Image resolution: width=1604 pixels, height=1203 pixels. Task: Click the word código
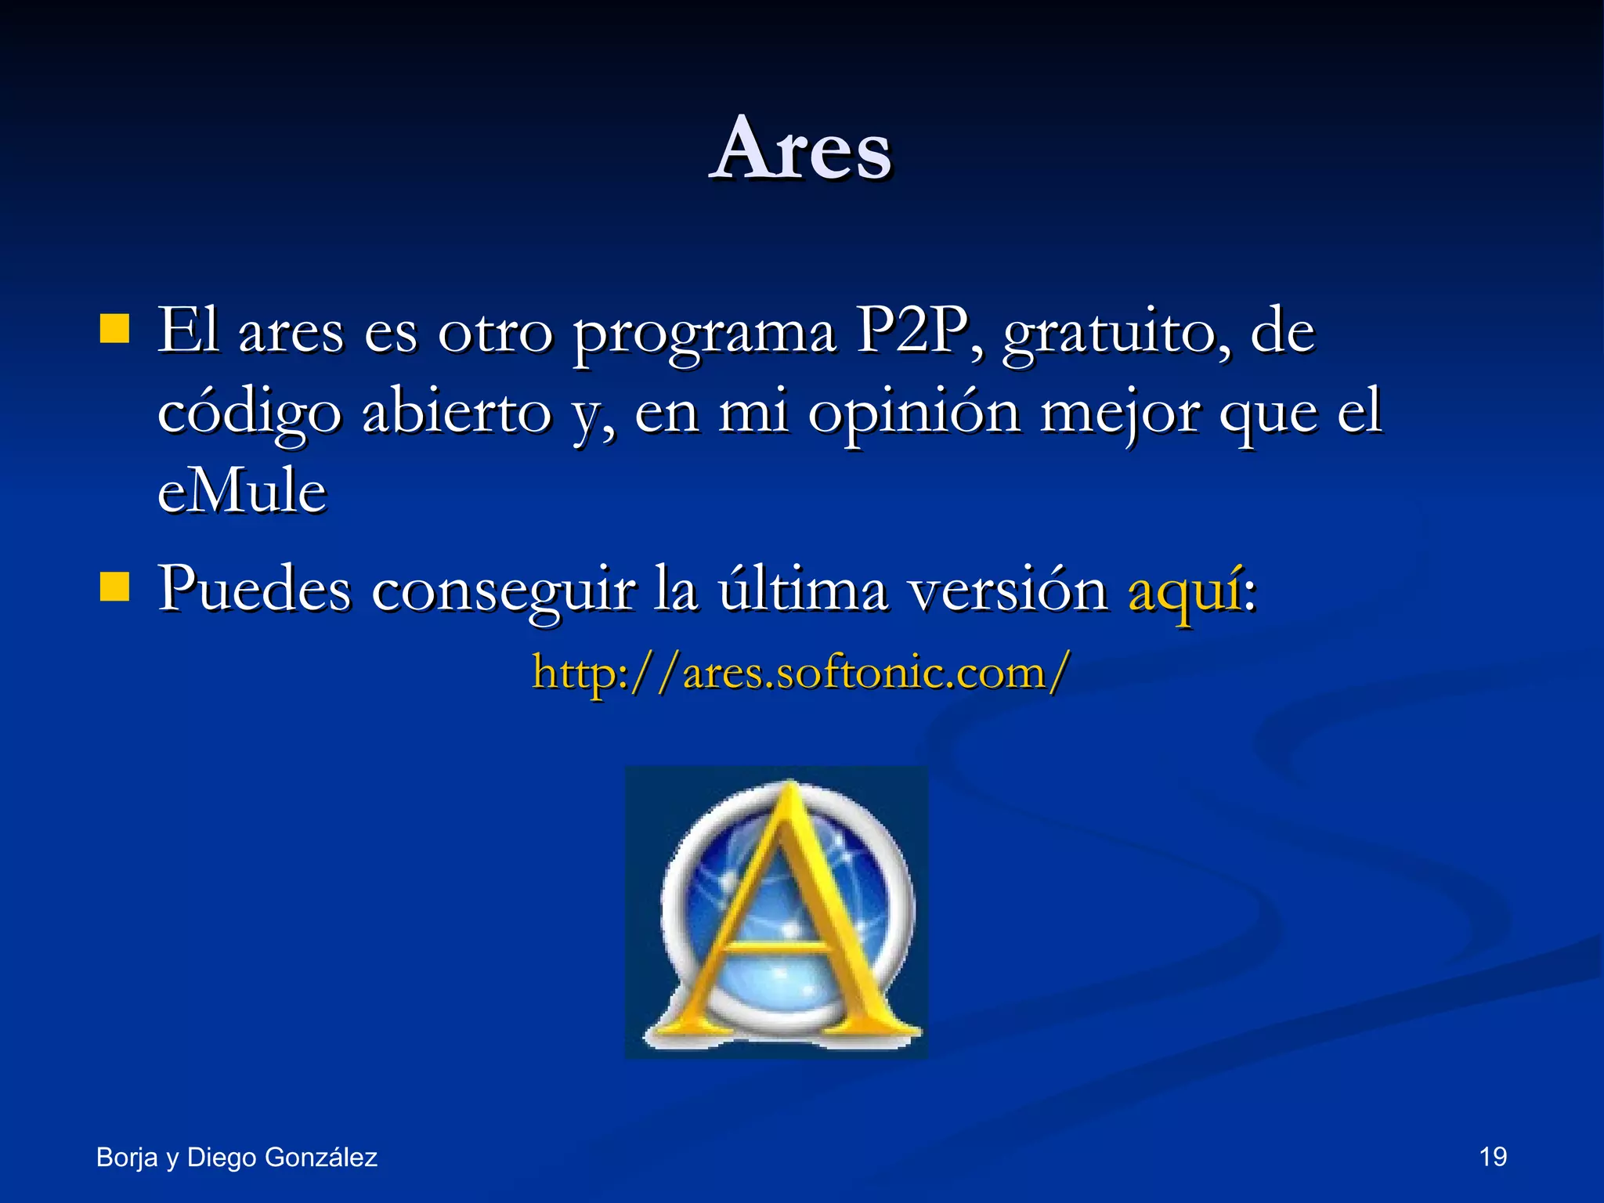(x=249, y=413)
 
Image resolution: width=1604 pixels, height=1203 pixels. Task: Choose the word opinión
(x=914, y=413)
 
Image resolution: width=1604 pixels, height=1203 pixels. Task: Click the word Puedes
(x=255, y=588)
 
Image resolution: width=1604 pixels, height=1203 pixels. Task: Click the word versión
(x=1007, y=590)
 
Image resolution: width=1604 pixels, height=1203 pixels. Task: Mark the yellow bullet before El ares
(x=114, y=330)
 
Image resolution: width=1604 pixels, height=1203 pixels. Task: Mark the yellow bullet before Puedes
(x=114, y=586)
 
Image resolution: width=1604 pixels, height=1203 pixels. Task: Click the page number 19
(x=1493, y=1157)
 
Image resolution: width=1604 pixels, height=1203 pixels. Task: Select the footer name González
(x=320, y=1157)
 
